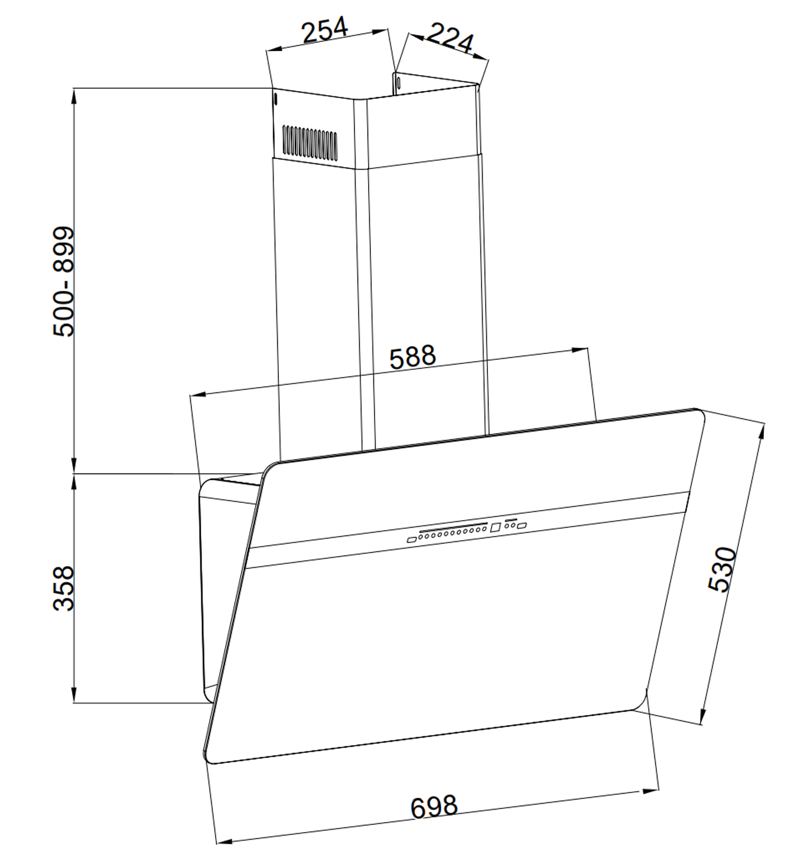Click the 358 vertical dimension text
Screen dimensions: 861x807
click(x=64, y=588)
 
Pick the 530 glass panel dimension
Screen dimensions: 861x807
click(x=723, y=569)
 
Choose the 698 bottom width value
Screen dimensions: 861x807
click(x=434, y=807)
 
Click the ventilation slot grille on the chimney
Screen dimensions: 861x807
click(x=309, y=142)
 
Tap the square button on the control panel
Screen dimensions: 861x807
click(x=495, y=527)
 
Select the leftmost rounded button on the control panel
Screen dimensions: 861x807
click(x=411, y=540)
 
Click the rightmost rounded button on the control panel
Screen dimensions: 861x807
click(x=522, y=525)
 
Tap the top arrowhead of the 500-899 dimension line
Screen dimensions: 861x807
click(x=74, y=95)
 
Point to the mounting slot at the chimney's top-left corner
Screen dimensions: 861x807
click(x=275, y=99)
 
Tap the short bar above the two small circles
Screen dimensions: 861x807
click(x=511, y=520)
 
